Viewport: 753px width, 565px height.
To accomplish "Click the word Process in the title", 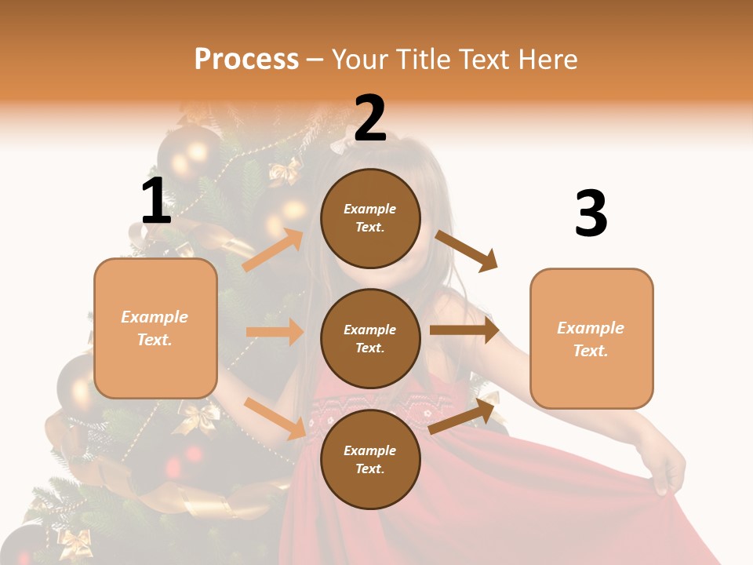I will [x=246, y=59].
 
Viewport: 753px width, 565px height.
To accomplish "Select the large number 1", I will [x=156, y=201].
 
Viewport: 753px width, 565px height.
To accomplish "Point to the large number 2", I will [x=370, y=118].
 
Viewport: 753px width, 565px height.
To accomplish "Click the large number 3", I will [x=591, y=213].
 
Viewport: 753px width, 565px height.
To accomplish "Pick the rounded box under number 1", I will [x=155, y=328].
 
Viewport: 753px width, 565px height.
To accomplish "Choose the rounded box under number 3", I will [x=591, y=339].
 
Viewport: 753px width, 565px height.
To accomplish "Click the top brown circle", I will [x=370, y=218].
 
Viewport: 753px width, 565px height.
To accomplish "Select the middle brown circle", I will [x=370, y=339].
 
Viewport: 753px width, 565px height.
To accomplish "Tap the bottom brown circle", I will [x=370, y=460].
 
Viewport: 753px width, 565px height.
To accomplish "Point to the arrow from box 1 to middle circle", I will [x=275, y=332].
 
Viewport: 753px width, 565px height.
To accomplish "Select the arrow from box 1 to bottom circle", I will [x=275, y=418].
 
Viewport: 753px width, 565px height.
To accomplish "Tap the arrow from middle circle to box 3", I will [x=464, y=330].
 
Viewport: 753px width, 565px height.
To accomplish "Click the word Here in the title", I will [x=548, y=59].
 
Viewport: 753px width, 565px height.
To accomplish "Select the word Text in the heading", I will [x=482, y=59].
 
